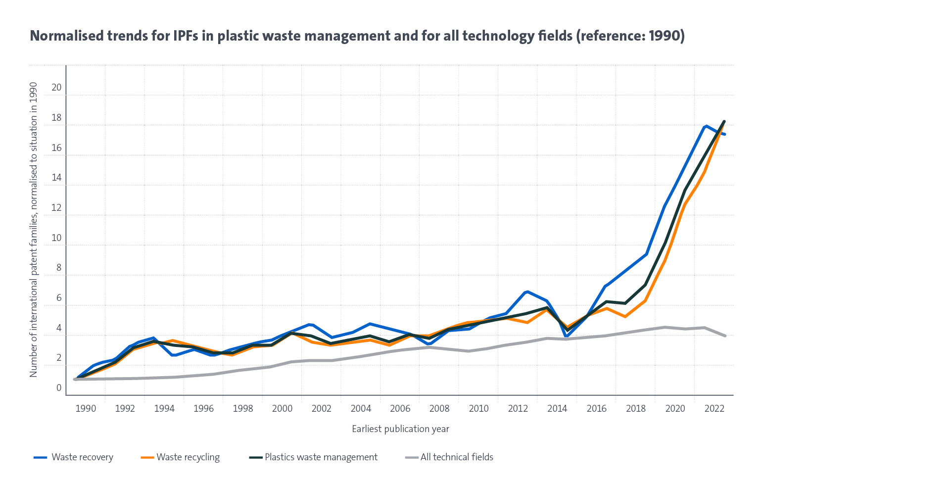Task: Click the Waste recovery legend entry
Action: click(x=82, y=457)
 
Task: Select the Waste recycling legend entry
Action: click(x=188, y=457)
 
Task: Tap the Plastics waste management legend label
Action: click(x=321, y=457)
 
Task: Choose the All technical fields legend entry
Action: click(x=457, y=457)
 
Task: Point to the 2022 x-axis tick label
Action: click(x=714, y=409)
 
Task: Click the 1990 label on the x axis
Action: click(x=86, y=409)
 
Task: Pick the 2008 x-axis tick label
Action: click(x=439, y=409)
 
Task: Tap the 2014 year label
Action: click(x=557, y=409)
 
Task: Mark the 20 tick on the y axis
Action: click(x=56, y=88)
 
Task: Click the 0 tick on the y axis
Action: click(x=59, y=388)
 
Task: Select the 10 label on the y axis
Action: click(x=56, y=238)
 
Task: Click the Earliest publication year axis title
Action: click(x=400, y=429)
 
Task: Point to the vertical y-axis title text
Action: click(x=34, y=230)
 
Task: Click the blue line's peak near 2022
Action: click(x=706, y=126)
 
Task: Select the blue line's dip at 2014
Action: click(x=567, y=337)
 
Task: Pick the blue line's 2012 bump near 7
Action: click(x=527, y=292)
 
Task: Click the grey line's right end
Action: click(x=725, y=336)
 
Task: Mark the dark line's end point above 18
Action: click(x=724, y=121)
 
